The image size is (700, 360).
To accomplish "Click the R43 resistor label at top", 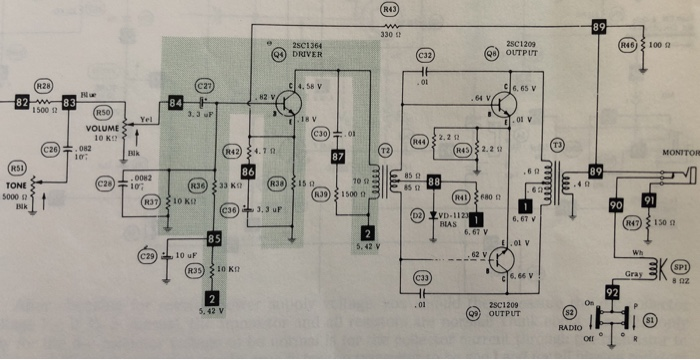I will pos(390,9).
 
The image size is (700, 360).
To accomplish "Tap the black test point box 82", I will pos(21,102).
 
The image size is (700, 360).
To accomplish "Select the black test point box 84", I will pos(177,102).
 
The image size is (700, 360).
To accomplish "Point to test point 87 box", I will pos(338,156).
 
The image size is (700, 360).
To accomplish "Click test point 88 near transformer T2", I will pos(433,182).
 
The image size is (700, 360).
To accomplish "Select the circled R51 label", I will pos(16,167).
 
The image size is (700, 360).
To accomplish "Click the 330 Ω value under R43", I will pos(390,35).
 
